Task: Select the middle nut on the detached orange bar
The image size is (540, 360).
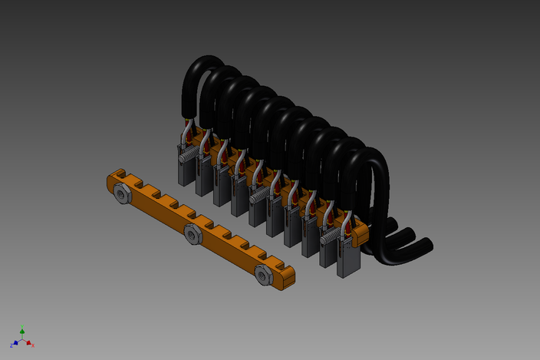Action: coord(192,234)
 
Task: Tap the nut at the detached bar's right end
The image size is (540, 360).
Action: coord(263,273)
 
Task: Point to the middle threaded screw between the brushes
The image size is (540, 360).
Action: coord(260,197)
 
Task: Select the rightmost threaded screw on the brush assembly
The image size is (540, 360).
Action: coord(329,239)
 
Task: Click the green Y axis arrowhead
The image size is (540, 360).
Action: coord(22,331)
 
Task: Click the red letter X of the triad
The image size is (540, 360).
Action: coord(33,345)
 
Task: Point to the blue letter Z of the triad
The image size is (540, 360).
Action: coord(12,345)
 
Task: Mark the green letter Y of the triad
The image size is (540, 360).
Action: coord(22,327)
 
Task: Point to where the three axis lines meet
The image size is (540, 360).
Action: coord(22,340)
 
